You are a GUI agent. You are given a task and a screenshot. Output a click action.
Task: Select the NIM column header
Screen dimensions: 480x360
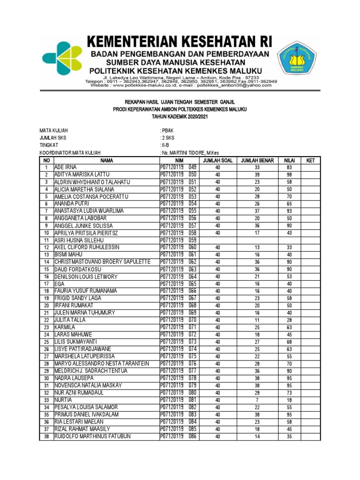coord(179,160)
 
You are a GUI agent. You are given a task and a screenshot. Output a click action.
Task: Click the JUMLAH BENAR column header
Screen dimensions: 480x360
coord(257,160)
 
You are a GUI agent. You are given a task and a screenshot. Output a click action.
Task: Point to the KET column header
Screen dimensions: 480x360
coord(310,160)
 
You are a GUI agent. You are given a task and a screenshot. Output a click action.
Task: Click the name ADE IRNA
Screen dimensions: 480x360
coord(65,167)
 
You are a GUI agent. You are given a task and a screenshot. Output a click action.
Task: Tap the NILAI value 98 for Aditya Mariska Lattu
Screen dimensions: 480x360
coord(289,175)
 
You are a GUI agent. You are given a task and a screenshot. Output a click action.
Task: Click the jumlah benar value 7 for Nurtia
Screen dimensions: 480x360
coord(257,400)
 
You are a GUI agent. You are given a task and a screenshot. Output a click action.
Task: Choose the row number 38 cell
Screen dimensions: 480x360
coord(46,436)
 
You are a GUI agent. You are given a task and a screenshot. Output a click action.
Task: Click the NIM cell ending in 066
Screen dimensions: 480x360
coord(179,291)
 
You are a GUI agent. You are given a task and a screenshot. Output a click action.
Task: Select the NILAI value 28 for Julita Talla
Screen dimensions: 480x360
coord(289,320)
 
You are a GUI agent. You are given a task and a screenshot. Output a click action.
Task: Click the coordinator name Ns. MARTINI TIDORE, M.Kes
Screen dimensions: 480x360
coord(190,153)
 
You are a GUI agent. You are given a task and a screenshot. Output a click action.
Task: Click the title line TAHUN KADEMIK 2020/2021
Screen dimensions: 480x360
coord(180,116)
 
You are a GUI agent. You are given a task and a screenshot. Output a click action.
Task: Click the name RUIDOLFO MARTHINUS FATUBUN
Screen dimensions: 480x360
coord(92,436)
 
